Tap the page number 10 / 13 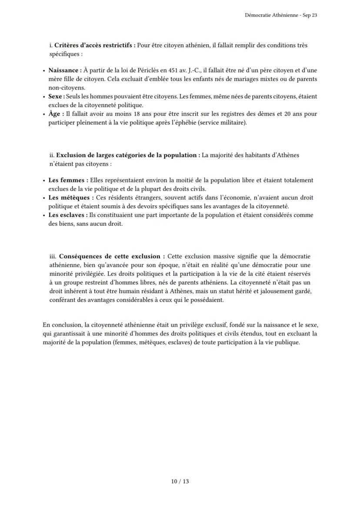coord(180,481)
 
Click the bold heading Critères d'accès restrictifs coord(95,45)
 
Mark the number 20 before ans coord(287,114)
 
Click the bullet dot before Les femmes coord(44,180)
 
